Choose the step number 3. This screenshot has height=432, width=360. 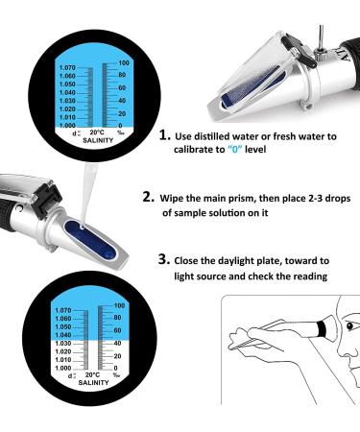click(x=162, y=260)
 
